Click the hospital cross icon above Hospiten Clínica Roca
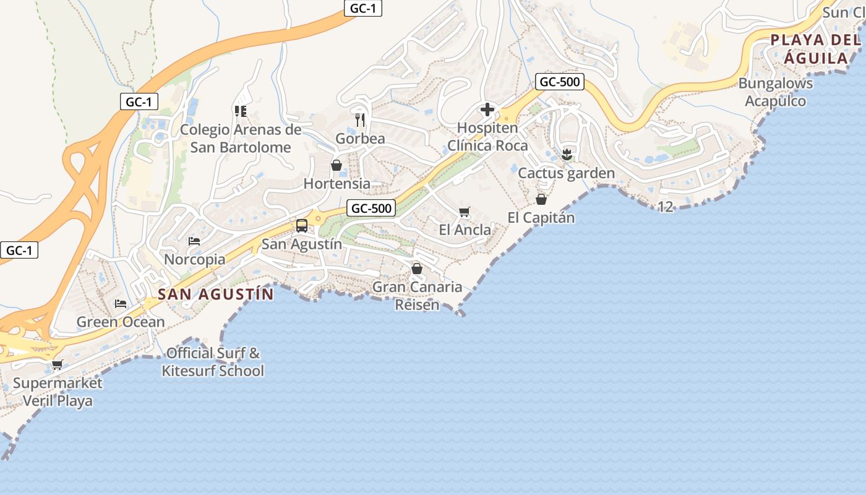[487, 110]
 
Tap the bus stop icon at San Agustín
[302, 226]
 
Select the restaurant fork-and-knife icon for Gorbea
[361, 119]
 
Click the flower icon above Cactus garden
[566, 154]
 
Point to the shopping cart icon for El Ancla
[465, 212]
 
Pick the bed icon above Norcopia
[194, 241]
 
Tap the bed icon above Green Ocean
[121, 304]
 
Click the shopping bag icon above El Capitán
[541, 199]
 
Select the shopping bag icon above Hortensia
[337, 165]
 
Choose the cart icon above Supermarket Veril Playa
[58, 364]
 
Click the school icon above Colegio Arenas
[241, 111]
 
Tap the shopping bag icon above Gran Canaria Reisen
[417, 269]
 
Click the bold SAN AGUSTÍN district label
[215, 295]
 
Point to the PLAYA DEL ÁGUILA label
[815, 49]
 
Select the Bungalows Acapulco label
[776, 92]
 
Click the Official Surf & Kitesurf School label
[213, 363]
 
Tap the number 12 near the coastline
[666, 207]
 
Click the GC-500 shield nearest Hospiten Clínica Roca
[560, 82]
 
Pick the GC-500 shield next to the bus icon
[371, 209]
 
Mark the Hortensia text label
[337, 184]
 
